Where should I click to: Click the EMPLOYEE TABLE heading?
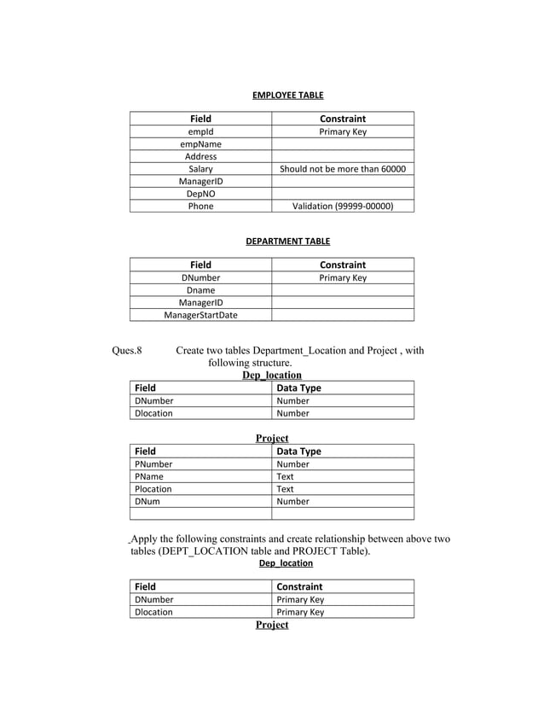click(287, 95)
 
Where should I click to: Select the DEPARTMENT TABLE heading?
click(287, 242)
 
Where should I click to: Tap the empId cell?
click(200, 132)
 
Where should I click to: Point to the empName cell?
click(200, 144)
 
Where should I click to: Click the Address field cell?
click(200, 157)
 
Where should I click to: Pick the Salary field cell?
click(200, 169)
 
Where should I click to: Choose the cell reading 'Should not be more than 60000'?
click(343, 169)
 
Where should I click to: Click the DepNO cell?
click(200, 194)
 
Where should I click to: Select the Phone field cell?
click(200, 206)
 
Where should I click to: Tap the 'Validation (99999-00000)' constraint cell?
click(343, 206)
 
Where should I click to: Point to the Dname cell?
click(200, 290)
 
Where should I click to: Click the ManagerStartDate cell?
click(200, 315)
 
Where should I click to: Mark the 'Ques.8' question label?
click(127, 350)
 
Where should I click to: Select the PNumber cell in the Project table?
click(153, 464)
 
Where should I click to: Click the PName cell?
click(148, 477)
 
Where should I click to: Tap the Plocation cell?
click(153, 489)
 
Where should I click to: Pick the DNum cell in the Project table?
click(147, 502)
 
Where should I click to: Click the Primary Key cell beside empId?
click(343, 132)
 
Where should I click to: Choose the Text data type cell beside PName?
click(286, 477)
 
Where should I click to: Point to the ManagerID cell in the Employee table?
click(200, 182)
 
